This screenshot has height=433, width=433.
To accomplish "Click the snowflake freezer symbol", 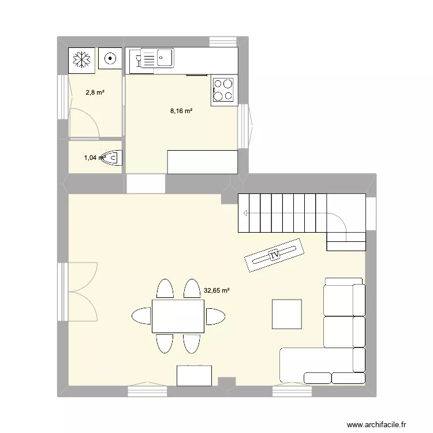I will pyautogui.click(x=81, y=59).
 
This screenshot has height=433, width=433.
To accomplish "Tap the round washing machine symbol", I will pyautogui.click(x=109, y=58).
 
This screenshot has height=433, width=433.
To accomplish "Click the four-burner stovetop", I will pyautogui.click(x=223, y=90).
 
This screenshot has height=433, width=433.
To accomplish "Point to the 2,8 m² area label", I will pyautogui.click(x=95, y=92).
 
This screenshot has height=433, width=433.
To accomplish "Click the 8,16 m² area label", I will pyautogui.click(x=181, y=111).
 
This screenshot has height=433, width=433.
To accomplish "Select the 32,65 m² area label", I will pyautogui.click(x=216, y=291).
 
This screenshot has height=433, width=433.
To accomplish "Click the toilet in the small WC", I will pyautogui.click(x=113, y=157).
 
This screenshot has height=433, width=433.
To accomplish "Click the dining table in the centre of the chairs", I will pyautogui.click(x=177, y=316).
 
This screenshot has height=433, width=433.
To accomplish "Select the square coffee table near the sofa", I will pyautogui.click(x=287, y=314).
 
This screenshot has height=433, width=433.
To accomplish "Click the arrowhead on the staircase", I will pyautogui.click(x=245, y=214).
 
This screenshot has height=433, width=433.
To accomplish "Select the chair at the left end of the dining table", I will pyautogui.click(x=141, y=316).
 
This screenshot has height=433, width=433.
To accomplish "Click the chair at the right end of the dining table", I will pyautogui.click(x=215, y=316).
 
